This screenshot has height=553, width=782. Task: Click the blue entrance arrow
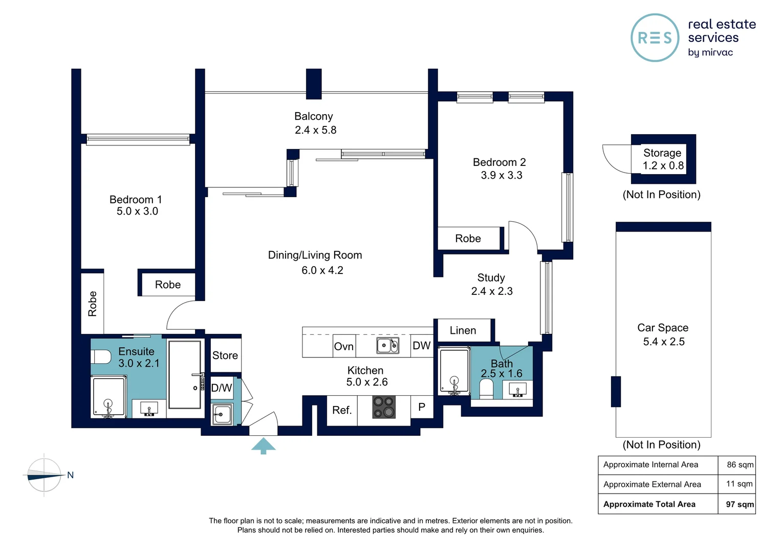click(x=264, y=445)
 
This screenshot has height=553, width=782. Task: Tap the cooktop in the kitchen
click(x=384, y=408)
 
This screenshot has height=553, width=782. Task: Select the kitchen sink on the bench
click(x=387, y=346)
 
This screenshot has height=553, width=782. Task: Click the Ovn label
click(x=343, y=347)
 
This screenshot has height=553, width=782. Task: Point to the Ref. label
click(x=342, y=410)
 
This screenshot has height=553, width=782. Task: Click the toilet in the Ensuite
click(x=101, y=357)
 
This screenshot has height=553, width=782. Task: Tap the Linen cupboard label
click(x=463, y=331)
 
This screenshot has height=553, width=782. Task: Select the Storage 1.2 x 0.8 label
click(x=663, y=159)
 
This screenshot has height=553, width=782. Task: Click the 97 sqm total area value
click(x=740, y=504)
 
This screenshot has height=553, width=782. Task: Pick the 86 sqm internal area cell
click(x=740, y=465)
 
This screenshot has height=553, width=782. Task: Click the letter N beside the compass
click(x=71, y=475)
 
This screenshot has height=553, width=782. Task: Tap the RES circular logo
click(x=655, y=38)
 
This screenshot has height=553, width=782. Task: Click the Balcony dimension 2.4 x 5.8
click(x=315, y=130)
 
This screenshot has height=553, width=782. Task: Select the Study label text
click(x=491, y=278)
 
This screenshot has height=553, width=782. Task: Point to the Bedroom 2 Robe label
click(x=468, y=239)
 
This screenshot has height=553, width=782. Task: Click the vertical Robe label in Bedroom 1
click(x=93, y=304)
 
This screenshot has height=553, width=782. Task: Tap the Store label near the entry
click(x=225, y=355)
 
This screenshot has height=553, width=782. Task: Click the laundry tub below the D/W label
click(x=222, y=414)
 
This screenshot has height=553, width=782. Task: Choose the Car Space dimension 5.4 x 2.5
click(x=664, y=342)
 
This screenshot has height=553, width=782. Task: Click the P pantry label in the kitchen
click(x=422, y=407)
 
